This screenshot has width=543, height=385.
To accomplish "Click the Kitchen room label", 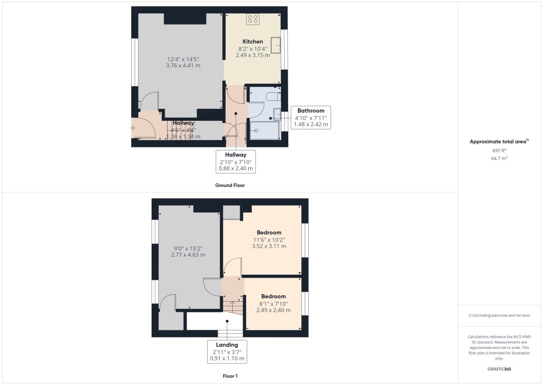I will point(253,42).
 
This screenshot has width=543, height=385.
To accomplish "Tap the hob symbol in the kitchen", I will point(253,19).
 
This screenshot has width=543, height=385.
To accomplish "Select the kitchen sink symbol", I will point(276,45).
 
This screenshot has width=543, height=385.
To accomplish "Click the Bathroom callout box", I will point(311,117).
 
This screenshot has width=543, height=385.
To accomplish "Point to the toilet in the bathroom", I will point(273,96).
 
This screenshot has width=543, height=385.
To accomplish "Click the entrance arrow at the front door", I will point(132,128).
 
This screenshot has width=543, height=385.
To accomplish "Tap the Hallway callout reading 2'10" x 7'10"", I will point(236,161).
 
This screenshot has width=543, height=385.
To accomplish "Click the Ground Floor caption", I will point(230,185).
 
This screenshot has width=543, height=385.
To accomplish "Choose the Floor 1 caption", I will point(230,375).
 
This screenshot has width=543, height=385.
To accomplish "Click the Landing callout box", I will point(227,351).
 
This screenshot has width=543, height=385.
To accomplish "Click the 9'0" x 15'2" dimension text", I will point(188,251).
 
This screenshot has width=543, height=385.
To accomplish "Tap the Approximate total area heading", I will point(499,142).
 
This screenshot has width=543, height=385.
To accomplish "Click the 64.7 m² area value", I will point(499,158).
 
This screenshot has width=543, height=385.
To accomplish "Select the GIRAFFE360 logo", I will point(499,369).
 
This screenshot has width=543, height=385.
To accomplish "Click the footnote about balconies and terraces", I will point(499,315).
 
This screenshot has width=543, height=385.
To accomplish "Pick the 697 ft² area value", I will point(499,150).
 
